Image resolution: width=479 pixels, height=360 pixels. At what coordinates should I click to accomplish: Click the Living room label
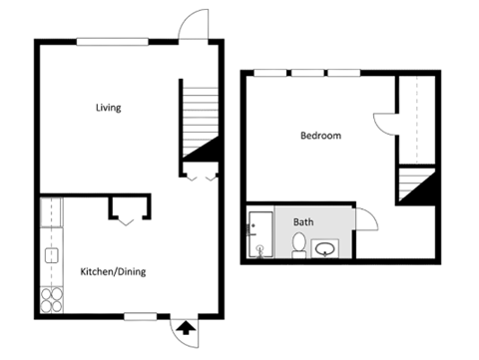(x=109, y=108)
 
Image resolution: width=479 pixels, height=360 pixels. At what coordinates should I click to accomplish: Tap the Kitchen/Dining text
(x=110, y=271)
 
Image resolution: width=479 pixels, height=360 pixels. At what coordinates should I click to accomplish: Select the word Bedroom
(x=321, y=136)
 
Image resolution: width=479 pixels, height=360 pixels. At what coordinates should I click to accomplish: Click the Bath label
(x=302, y=222)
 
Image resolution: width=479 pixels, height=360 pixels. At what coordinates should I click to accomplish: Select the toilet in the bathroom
(x=298, y=245)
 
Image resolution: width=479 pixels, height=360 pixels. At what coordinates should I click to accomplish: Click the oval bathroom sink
(x=325, y=247)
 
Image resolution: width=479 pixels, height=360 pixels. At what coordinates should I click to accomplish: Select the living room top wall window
(x=112, y=41)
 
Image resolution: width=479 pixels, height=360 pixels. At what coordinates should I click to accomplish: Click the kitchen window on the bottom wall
(x=141, y=317)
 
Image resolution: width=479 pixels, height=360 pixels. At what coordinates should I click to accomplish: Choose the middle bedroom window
(x=307, y=73)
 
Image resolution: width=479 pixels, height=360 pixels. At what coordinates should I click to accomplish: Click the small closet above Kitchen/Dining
(x=129, y=206)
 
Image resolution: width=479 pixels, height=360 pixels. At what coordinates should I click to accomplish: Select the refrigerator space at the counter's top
(x=50, y=211)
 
